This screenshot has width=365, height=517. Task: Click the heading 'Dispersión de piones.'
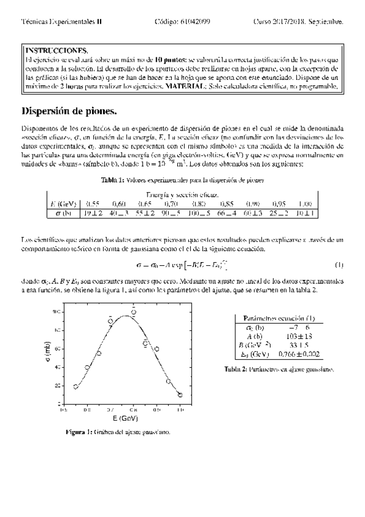tap(68, 112)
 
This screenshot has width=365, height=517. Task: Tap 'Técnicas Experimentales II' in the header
tap(62, 21)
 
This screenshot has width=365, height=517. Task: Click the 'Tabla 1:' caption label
tap(113, 179)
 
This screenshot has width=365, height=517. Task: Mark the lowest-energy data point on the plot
tap(76, 387)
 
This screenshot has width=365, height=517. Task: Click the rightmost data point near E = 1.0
tap(180, 395)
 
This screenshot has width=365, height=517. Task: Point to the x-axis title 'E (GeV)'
tap(125, 419)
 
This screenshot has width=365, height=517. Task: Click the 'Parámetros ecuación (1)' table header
tap(278, 318)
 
